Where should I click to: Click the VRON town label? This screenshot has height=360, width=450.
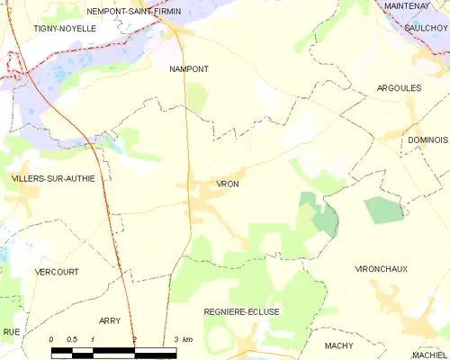228,184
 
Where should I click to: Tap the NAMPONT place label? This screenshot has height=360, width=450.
189,67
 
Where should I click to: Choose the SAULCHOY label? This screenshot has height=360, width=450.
427,28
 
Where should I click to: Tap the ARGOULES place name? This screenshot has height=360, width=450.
398,88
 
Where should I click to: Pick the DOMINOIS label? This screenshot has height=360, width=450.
427,140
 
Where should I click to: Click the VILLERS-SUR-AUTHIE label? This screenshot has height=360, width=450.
52,178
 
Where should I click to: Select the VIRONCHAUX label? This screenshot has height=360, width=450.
382,269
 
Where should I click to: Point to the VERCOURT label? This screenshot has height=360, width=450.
56,271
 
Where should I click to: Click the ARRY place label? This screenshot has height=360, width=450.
110,320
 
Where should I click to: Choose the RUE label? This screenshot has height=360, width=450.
11,331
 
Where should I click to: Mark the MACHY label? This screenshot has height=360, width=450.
338,345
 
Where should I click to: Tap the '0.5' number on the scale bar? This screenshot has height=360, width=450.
72,339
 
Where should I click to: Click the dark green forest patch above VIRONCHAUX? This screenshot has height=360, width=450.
384,210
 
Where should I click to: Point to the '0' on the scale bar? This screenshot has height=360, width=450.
51,339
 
